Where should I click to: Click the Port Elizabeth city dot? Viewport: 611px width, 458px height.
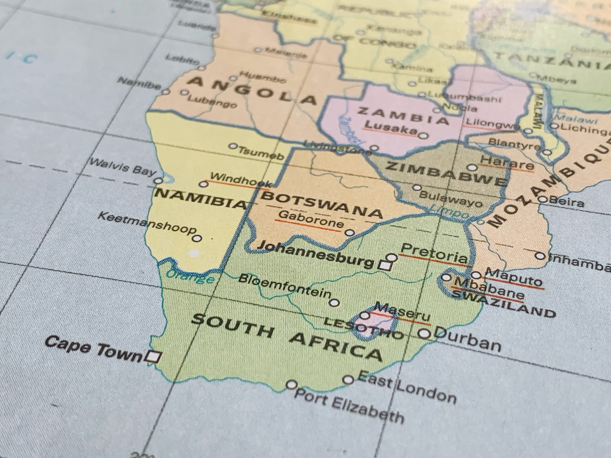(x=292, y=385)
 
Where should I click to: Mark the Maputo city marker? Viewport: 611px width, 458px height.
(x=476, y=275)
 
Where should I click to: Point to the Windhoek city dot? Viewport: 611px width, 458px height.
(x=204, y=184)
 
